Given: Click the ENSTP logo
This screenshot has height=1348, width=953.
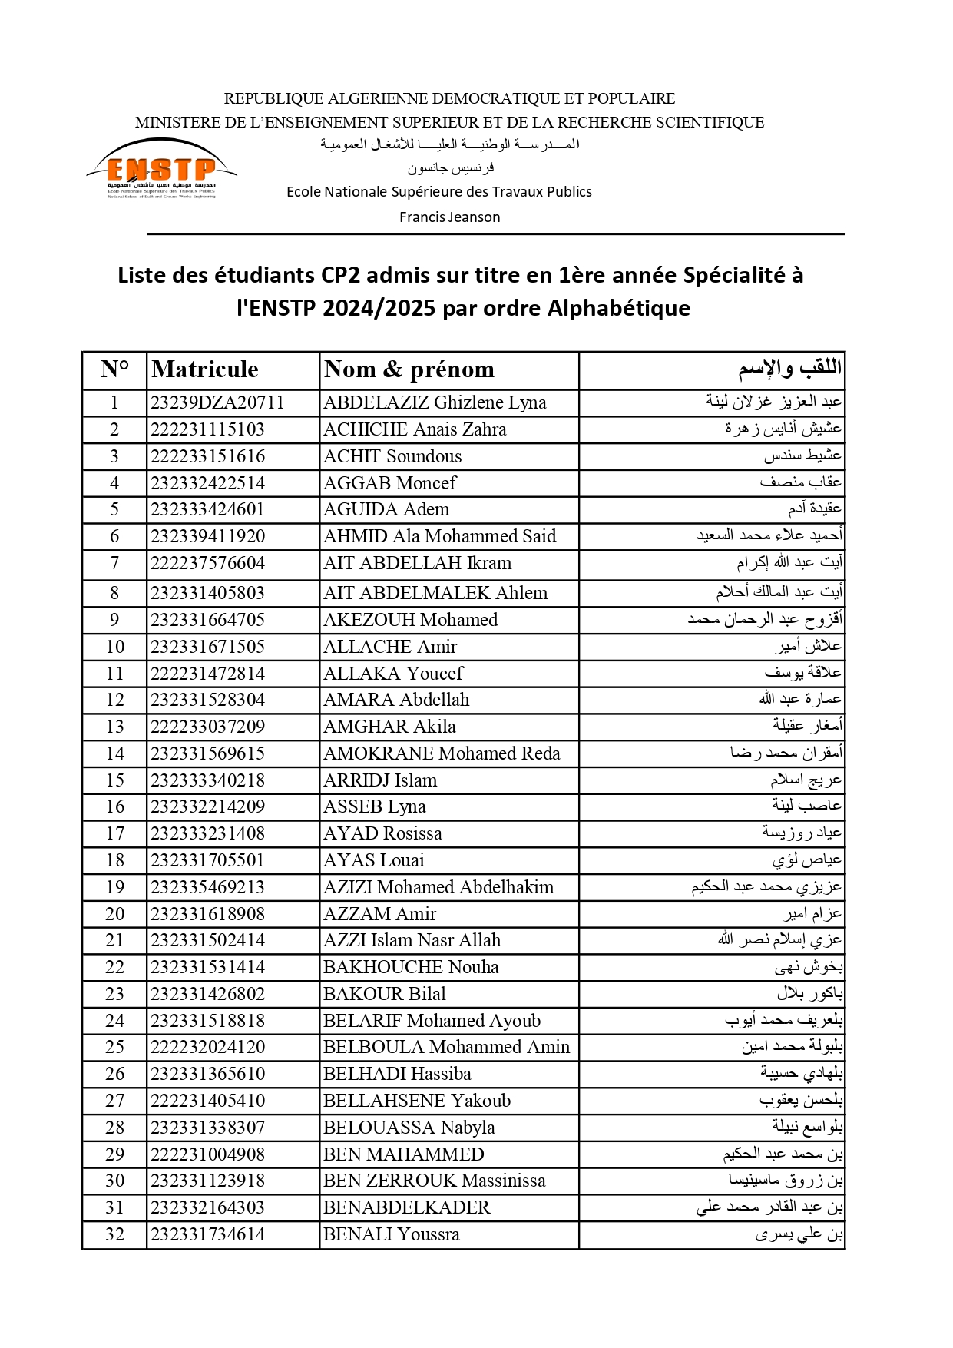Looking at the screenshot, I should click(162, 170).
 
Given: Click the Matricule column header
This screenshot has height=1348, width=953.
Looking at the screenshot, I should click(205, 369).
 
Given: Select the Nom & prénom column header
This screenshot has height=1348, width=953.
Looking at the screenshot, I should click(409, 369).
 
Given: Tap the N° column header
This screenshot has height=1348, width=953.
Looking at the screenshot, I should click(114, 369).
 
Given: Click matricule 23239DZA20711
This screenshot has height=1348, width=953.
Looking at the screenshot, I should click(217, 402).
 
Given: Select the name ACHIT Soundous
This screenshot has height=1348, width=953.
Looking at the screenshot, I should click(392, 456).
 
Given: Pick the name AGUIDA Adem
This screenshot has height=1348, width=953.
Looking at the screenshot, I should click(386, 509).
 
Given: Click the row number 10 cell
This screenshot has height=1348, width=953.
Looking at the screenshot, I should click(114, 647).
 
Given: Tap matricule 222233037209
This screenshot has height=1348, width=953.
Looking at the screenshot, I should click(207, 727).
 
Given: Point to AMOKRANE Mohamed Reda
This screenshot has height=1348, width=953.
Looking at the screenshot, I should click(442, 753).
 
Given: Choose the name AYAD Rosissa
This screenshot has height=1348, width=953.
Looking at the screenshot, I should click(382, 833).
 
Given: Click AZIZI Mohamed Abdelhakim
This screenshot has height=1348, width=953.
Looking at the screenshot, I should click(438, 887).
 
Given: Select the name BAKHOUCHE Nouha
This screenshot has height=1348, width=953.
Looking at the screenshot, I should click(411, 967).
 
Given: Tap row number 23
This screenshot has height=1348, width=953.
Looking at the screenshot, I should click(114, 994).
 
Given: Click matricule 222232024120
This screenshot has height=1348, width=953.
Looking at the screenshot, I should click(207, 1047).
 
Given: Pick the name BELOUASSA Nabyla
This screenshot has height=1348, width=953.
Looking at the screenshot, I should click(409, 1128).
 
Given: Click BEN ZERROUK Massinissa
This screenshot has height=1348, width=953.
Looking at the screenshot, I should click(434, 1181).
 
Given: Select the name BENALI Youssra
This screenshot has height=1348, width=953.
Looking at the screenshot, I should click(391, 1234).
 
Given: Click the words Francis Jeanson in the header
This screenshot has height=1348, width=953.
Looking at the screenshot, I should click(449, 217).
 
